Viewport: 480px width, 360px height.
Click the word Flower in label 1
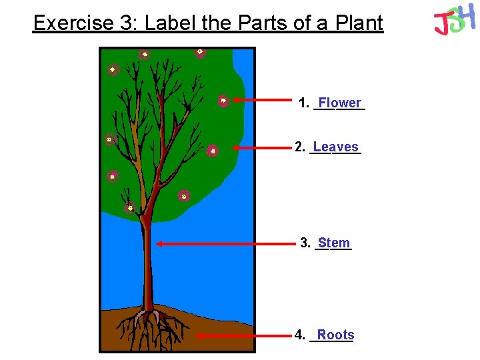[340, 103]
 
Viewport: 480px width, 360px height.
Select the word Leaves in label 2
[335, 147]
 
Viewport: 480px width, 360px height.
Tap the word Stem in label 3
[334, 243]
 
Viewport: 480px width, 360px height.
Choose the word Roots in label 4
[335, 335]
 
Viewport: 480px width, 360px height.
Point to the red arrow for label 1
[263, 101]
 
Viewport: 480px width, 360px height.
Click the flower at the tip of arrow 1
[224, 101]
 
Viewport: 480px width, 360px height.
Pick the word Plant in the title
[360, 23]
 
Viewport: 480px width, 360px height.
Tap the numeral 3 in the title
[125, 23]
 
